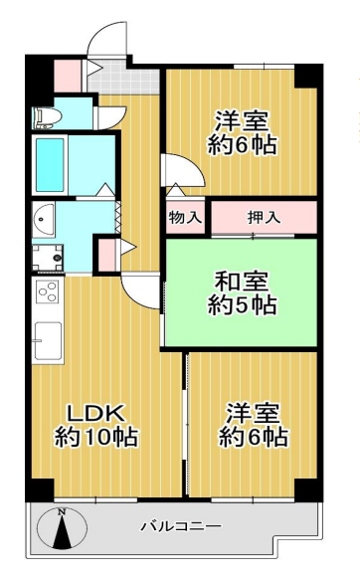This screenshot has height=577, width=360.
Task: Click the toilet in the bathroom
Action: pyautogui.click(x=46, y=119)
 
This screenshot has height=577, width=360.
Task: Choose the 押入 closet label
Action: pyautogui.click(x=262, y=217)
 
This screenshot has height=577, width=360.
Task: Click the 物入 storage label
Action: pyautogui.click(x=185, y=217)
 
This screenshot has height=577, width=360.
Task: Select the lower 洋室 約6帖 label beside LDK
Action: pyautogui.click(x=254, y=425)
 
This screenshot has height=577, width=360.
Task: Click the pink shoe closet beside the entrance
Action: pyautogui.click(x=67, y=74)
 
